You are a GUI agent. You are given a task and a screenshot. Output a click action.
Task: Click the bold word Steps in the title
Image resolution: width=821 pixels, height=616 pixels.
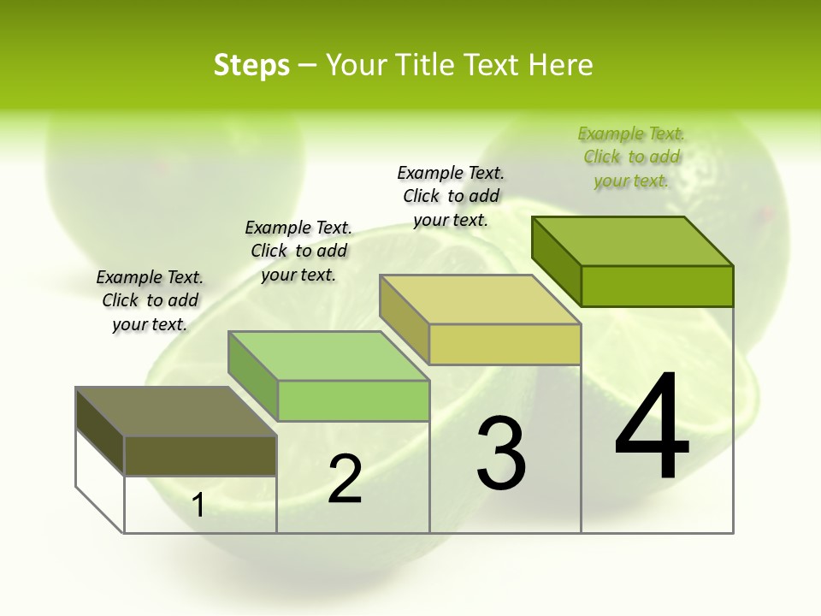251,65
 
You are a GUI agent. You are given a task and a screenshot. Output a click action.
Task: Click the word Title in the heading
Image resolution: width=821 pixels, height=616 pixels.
427,65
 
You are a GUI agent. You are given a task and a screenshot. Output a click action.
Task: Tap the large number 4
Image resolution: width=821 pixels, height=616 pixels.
652,428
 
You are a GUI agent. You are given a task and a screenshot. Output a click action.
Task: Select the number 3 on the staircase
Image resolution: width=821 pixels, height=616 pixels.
501,453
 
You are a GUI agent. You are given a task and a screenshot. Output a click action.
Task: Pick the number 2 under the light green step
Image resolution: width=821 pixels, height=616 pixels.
346,479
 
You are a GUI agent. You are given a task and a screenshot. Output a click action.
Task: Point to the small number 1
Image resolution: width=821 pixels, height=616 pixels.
198,506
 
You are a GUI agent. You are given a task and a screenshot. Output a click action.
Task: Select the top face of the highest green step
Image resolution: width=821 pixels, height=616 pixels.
633,241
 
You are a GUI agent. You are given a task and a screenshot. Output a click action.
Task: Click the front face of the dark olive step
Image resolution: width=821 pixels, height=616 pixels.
200,456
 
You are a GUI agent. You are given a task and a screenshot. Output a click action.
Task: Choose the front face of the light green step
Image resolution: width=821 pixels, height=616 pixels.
353,400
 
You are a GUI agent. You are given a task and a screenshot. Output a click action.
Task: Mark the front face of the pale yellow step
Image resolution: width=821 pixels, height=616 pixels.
505,344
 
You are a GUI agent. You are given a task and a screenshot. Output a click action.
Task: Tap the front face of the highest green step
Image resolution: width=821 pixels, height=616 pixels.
657,286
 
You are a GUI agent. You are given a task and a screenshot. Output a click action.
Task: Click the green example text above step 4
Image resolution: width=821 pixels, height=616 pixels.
631,157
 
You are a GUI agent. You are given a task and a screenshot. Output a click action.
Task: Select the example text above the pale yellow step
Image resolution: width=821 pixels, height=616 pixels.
451,196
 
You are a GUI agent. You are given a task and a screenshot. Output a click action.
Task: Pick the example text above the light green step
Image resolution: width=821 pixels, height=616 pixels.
298,251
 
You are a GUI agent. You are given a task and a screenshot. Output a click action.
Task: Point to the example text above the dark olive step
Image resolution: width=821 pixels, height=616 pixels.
150,300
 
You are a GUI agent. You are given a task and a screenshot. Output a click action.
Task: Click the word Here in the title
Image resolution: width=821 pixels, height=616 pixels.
560,65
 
